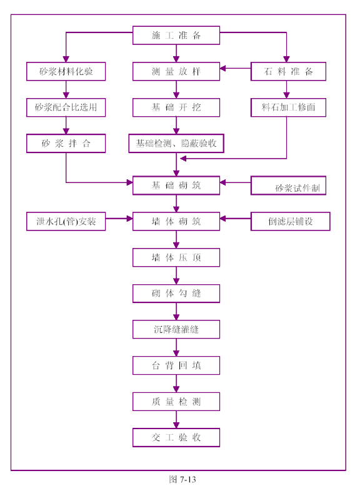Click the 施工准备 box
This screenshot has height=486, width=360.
coord(176,36)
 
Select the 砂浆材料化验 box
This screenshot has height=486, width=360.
coord(66,71)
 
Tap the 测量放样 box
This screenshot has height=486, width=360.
coord(176,71)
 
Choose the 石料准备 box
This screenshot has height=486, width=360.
coord(288,71)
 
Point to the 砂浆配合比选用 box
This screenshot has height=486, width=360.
coord(66,107)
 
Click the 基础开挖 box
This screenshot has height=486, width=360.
coord(176,107)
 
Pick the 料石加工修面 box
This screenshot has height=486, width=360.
coord(288,107)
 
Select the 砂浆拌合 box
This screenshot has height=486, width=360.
coord(66,143)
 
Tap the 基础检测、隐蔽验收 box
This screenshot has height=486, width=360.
coord(176,143)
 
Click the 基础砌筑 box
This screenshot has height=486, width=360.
coord(176,186)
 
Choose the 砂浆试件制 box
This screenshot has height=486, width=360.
coord(288,186)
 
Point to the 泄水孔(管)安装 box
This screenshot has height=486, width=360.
coord(66,221)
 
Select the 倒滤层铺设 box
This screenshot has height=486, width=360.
coord(290,221)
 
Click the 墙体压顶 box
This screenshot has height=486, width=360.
coord(176,257)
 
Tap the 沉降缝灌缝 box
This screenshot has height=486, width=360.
coord(176,329)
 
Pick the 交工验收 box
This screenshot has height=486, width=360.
coord(176,437)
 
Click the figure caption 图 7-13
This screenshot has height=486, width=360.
coord(182,479)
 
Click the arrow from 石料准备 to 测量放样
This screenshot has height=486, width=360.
coord(236,69)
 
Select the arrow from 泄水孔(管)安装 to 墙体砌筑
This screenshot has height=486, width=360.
coord(119,219)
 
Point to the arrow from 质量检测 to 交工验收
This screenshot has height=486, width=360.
coord(176,420)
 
